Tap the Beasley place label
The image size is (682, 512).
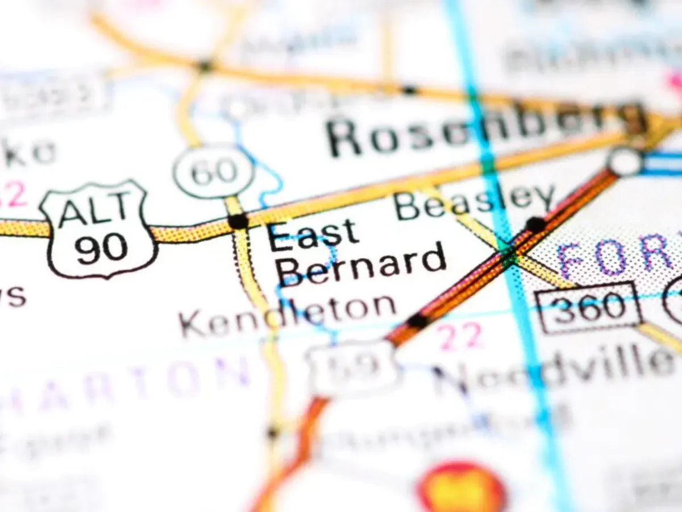point(475,202)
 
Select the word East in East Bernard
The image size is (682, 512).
point(313,234)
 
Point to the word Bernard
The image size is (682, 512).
point(361,265)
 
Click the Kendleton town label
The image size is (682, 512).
point(287,316)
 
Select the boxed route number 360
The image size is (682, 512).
point(588,307)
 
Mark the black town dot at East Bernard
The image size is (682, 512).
point(238,221)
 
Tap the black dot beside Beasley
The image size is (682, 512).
point(535,224)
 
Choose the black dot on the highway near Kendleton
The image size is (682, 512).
point(418,321)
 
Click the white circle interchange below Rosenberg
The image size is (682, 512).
point(625,162)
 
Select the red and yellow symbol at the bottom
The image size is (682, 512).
point(461,489)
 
